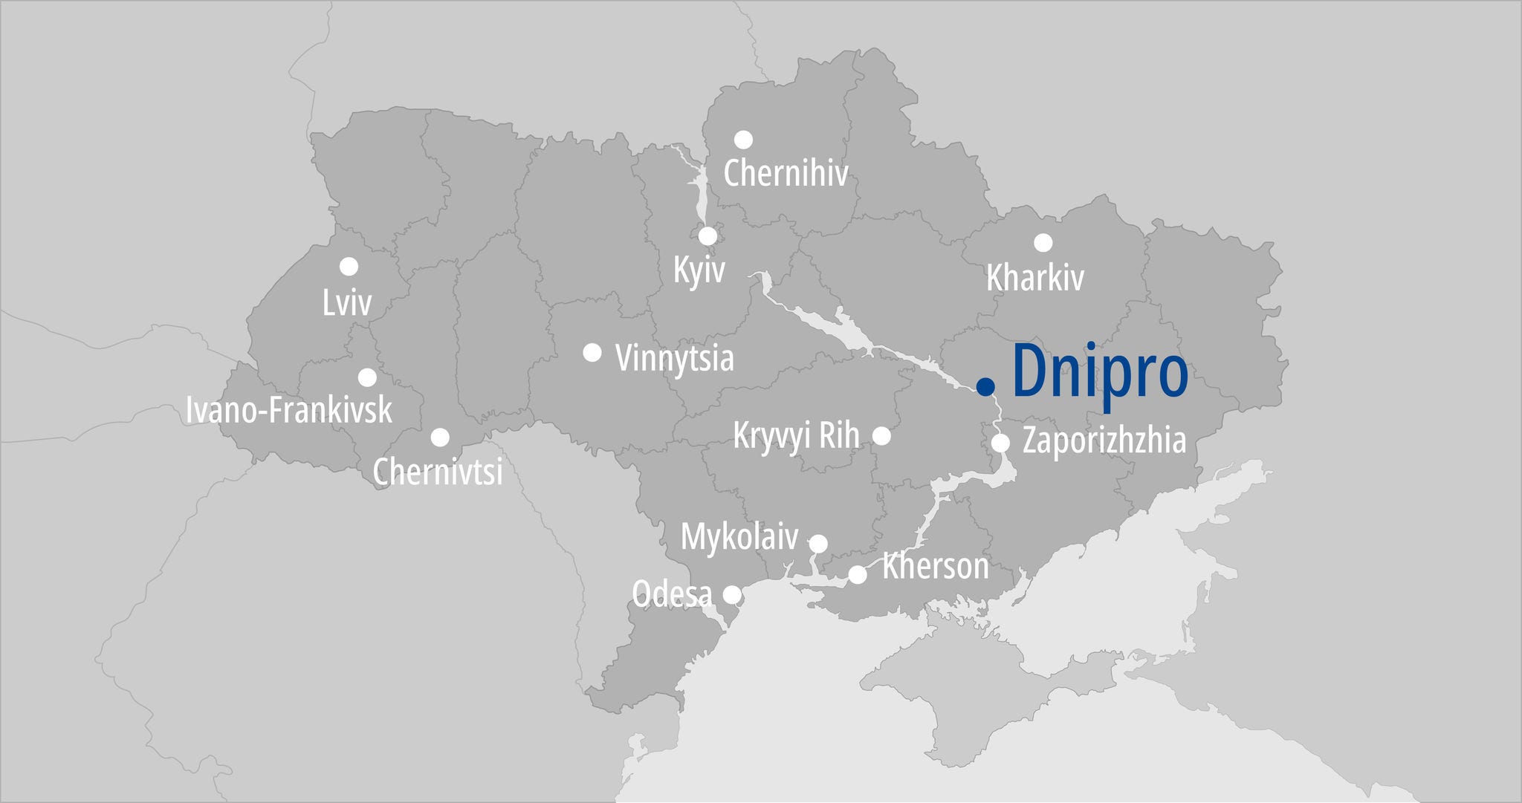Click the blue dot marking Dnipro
(x=985, y=386)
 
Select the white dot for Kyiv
(x=707, y=236)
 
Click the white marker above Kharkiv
(x=1043, y=242)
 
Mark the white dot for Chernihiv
(x=743, y=140)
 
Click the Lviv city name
(x=347, y=303)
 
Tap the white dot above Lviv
(x=349, y=266)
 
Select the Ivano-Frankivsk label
(x=289, y=410)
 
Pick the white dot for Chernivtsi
(x=440, y=437)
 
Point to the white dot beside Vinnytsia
(x=592, y=352)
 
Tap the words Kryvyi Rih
(x=796, y=436)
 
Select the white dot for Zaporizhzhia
(x=1000, y=443)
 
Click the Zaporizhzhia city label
(x=1104, y=440)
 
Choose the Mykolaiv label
(x=739, y=536)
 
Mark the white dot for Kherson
(x=858, y=574)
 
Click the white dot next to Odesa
(x=732, y=594)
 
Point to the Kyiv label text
(x=699, y=270)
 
